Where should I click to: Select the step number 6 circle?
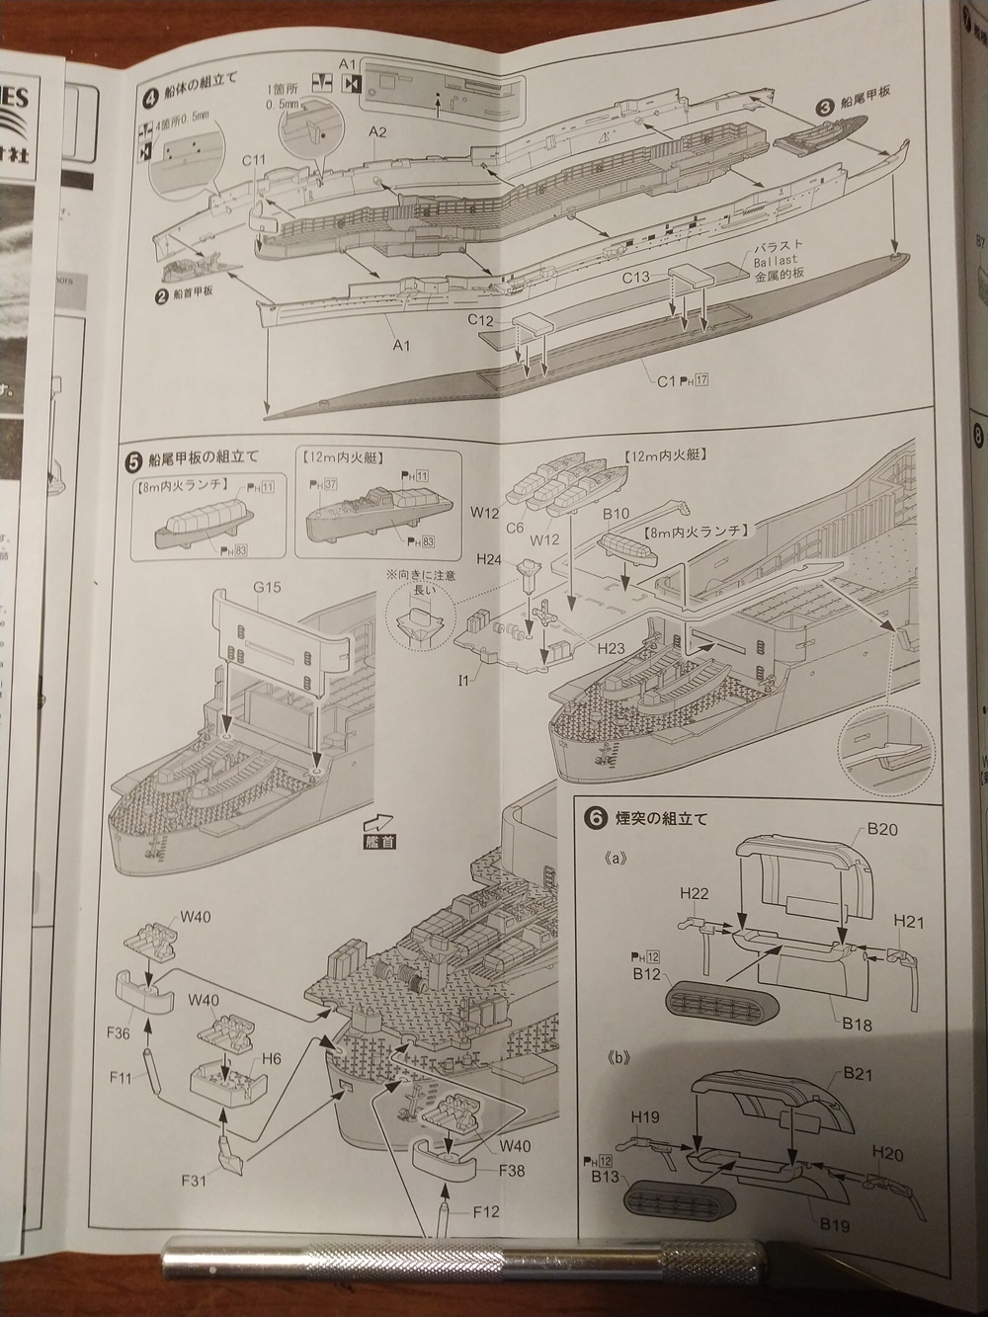pos(595,818)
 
